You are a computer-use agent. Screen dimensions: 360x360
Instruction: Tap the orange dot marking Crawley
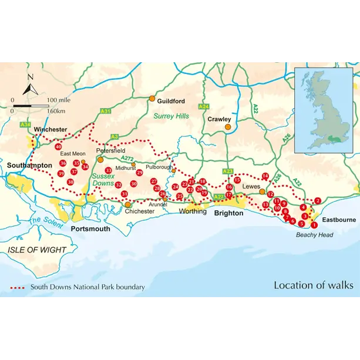(x=227, y=126)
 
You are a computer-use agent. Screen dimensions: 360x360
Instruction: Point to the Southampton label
(x=30, y=166)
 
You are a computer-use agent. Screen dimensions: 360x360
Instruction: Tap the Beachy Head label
(x=314, y=235)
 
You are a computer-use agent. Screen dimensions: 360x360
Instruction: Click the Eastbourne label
(x=338, y=220)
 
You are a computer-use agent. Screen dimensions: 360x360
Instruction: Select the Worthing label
(x=193, y=211)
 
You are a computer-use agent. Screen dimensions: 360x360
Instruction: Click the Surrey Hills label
(x=171, y=116)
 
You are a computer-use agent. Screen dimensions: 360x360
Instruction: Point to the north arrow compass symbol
(x=31, y=86)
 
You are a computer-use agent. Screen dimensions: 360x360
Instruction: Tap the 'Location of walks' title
(x=313, y=285)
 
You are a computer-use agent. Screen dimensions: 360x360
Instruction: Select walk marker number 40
(x=58, y=147)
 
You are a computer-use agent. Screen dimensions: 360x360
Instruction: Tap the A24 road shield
(x=203, y=106)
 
